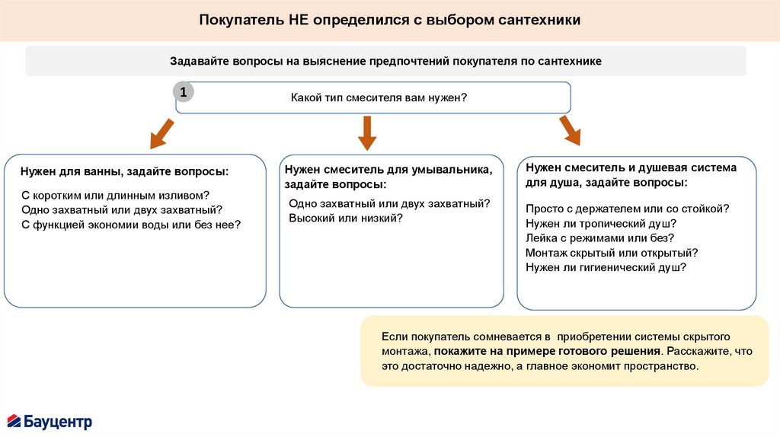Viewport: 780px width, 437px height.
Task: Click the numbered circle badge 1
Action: (183, 92)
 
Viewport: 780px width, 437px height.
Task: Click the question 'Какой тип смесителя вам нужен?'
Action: (378, 98)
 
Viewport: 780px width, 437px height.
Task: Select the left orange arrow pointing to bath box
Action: (161, 133)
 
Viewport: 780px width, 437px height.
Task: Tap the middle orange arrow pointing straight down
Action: (367, 132)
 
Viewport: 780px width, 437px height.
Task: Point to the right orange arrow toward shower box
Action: (568, 130)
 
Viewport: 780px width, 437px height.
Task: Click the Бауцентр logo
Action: (50, 420)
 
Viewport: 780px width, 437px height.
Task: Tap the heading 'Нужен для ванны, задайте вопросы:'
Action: (124, 173)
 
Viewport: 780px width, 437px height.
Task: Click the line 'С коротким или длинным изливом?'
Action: (115, 195)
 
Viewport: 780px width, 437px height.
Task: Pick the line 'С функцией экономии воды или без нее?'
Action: (131, 225)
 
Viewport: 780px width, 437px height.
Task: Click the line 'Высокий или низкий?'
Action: (345, 218)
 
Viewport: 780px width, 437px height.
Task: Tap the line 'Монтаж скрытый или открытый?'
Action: (612, 252)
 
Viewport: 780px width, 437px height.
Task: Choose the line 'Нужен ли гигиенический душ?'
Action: (606, 267)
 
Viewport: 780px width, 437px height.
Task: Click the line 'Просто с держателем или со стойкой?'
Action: (628, 208)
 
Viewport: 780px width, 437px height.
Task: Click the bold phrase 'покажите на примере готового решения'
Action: (547, 351)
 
